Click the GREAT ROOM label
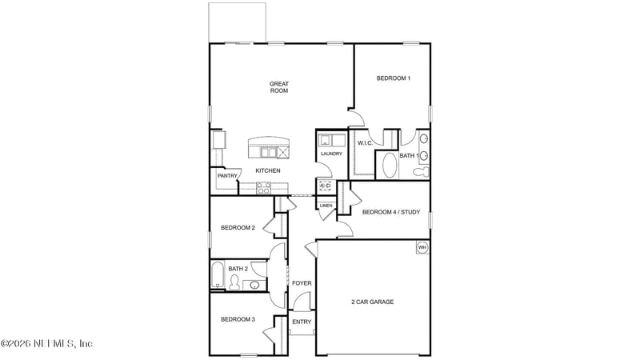(278, 86)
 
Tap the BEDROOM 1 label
(393, 78)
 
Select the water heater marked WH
(422, 248)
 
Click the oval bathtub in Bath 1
(388, 166)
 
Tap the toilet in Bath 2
(234, 282)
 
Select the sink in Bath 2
(254, 284)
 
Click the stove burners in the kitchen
(263, 188)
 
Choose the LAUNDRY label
(331, 154)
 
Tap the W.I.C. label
(365, 143)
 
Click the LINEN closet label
(326, 206)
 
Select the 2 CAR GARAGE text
(372, 302)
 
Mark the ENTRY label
(301, 322)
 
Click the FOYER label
(301, 283)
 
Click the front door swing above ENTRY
(301, 302)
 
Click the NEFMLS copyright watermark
(46, 343)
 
